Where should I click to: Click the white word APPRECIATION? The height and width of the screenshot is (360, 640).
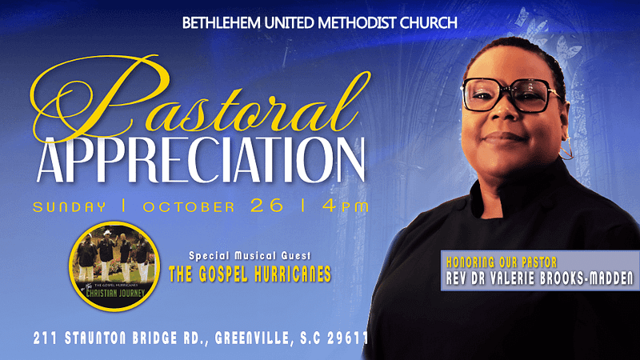(x=200, y=157)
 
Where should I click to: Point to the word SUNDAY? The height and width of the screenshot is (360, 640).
(x=69, y=207)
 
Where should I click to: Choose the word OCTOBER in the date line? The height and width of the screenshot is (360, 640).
(x=190, y=207)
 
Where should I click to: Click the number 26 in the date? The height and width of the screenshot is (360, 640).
(x=266, y=206)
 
